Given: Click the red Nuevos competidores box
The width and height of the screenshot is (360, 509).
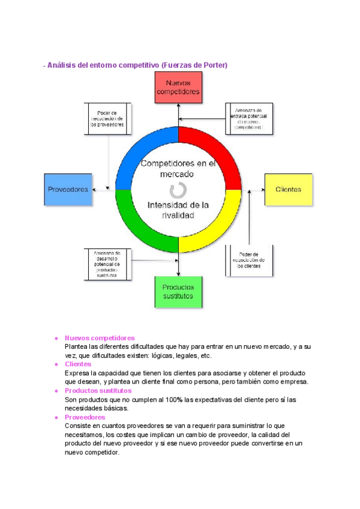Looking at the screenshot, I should click(x=178, y=88).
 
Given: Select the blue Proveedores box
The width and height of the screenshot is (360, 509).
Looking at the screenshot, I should click(x=68, y=189).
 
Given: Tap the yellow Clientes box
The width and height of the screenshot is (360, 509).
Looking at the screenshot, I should click(x=289, y=189).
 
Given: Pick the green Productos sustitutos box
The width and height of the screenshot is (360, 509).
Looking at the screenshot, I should click(x=178, y=292).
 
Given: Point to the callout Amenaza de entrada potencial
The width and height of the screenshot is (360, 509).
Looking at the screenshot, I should click(x=249, y=119).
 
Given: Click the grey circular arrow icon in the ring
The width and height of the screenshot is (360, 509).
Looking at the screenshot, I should click(x=178, y=191).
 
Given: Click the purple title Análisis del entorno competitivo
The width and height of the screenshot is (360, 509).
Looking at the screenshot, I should click(x=136, y=65).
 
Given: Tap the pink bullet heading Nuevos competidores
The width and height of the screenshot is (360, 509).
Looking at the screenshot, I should click(x=99, y=338).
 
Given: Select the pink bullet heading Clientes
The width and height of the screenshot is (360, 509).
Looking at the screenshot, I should click(x=78, y=364).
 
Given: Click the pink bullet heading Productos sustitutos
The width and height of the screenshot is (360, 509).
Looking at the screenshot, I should click(x=98, y=390).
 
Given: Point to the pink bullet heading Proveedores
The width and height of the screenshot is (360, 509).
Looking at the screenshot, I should click(x=85, y=417).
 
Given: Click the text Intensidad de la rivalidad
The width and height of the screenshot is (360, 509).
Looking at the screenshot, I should click(x=178, y=210).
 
